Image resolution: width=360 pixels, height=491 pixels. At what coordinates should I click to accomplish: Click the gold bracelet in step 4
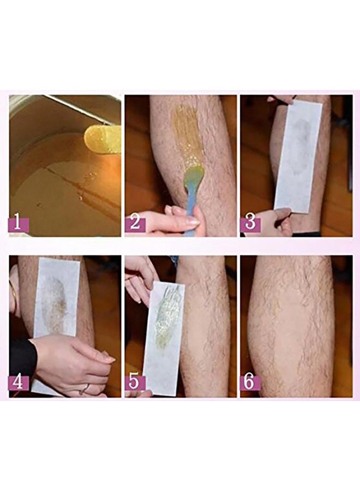pos(13,295)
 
